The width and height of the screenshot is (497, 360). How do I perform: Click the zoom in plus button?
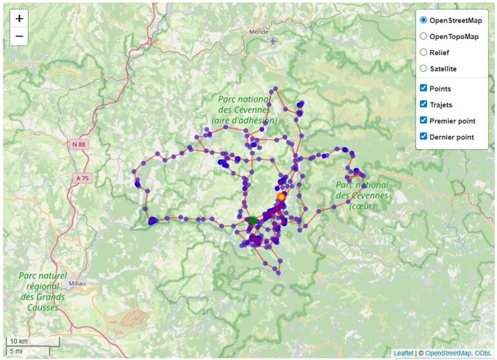pyautogui.click(x=19, y=18)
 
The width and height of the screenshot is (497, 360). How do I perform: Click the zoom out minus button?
pyautogui.click(x=19, y=36)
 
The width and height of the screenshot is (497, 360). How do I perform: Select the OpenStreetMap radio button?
pyautogui.click(x=423, y=20)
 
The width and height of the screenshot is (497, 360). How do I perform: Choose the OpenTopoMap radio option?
pyautogui.click(x=423, y=36)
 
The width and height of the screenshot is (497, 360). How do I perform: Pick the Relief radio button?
pyautogui.click(x=423, y=52)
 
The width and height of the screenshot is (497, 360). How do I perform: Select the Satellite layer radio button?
pyautogui.click(x=423, y=68)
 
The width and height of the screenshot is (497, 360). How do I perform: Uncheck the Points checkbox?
pyautogui.click(x=423, y=88)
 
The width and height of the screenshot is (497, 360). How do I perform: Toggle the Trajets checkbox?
pyautogui.click(x=423, y=104)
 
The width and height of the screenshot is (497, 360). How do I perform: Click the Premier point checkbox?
pyautogui.click(x=423, y=120)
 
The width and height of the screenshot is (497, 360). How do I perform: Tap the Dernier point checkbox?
pyautogui.click(x=423, y=136)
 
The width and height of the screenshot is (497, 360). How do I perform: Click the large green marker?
pyautogui.click(x=253, y=220)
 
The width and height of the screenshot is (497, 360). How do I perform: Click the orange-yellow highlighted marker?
pyautogui.click(x=281, y=197)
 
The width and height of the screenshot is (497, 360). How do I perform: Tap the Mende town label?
pyautogui.click(x=259, y=31)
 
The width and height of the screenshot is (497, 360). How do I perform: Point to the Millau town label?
pyautogui.click(x=77, y=283)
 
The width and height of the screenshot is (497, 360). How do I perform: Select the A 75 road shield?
pyautogui.click(x=82, y=179)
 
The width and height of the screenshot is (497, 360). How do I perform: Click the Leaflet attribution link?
pyautogui.click(x=403, y=353)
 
